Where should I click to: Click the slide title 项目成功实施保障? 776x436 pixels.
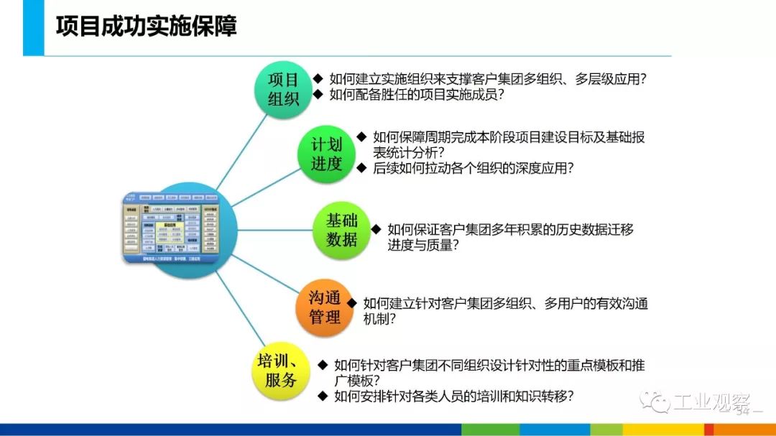[x=146, y=27]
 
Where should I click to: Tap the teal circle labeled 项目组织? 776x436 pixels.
[x=284, y=89]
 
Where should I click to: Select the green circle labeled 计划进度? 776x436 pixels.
[x=326, y=153]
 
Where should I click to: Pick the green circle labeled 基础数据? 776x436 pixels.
[x=341, y=230]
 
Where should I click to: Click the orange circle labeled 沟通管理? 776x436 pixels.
[x=325, y=307]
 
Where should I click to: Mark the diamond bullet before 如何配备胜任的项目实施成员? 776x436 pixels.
[x=318, y=93]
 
